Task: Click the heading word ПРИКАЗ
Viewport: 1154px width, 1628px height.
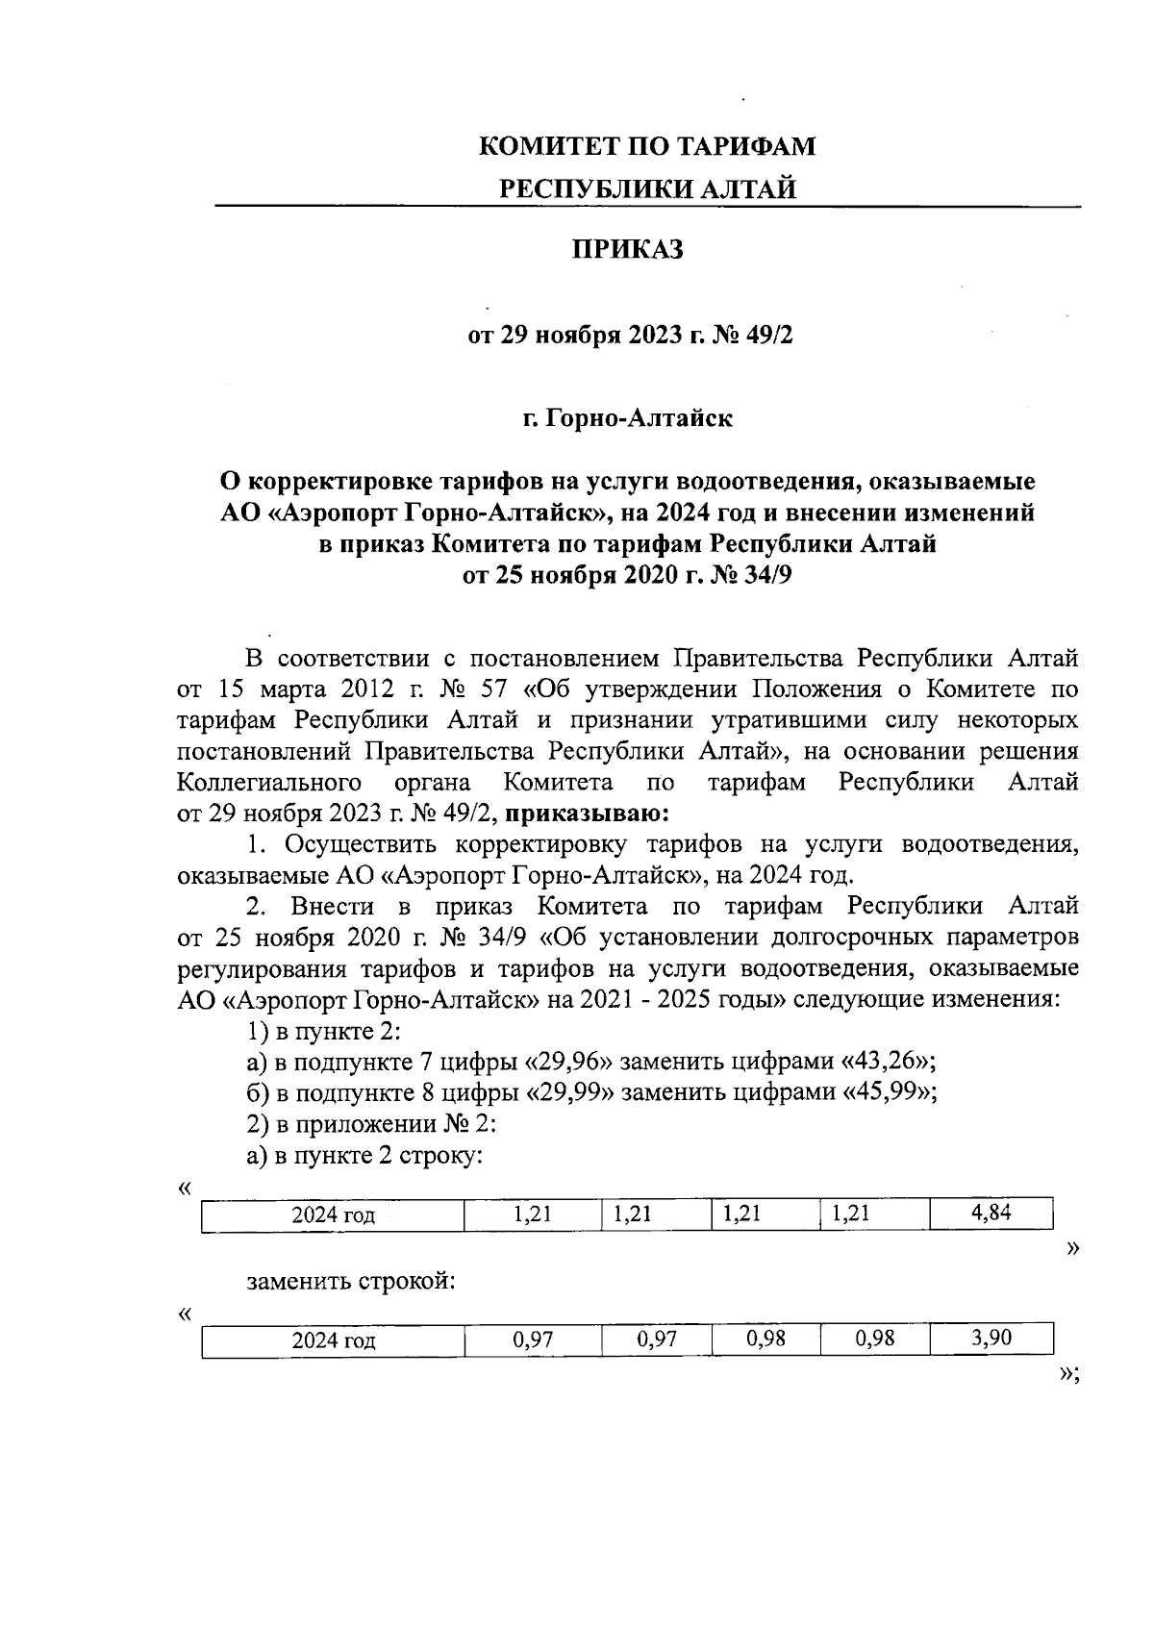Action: (x=628, y=250)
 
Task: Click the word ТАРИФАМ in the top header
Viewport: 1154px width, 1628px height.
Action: (x=746, y=147)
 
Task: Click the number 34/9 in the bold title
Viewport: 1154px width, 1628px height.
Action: (x=768, y=575)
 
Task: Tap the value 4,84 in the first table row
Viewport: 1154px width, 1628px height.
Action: (x=991, y=1214)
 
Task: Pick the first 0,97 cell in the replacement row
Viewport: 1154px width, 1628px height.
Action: (x=533, y=1340)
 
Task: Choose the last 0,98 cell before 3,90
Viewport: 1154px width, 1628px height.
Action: (x=874, y=1339)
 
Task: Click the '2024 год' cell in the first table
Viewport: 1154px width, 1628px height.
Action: (x=333, y=1215)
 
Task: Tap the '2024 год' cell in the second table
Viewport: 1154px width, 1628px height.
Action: (x=333, y=1340)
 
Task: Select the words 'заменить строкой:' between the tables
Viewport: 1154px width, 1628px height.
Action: (x=350, y=1282)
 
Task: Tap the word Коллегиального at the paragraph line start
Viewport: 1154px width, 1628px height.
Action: (x=270, y=782)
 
